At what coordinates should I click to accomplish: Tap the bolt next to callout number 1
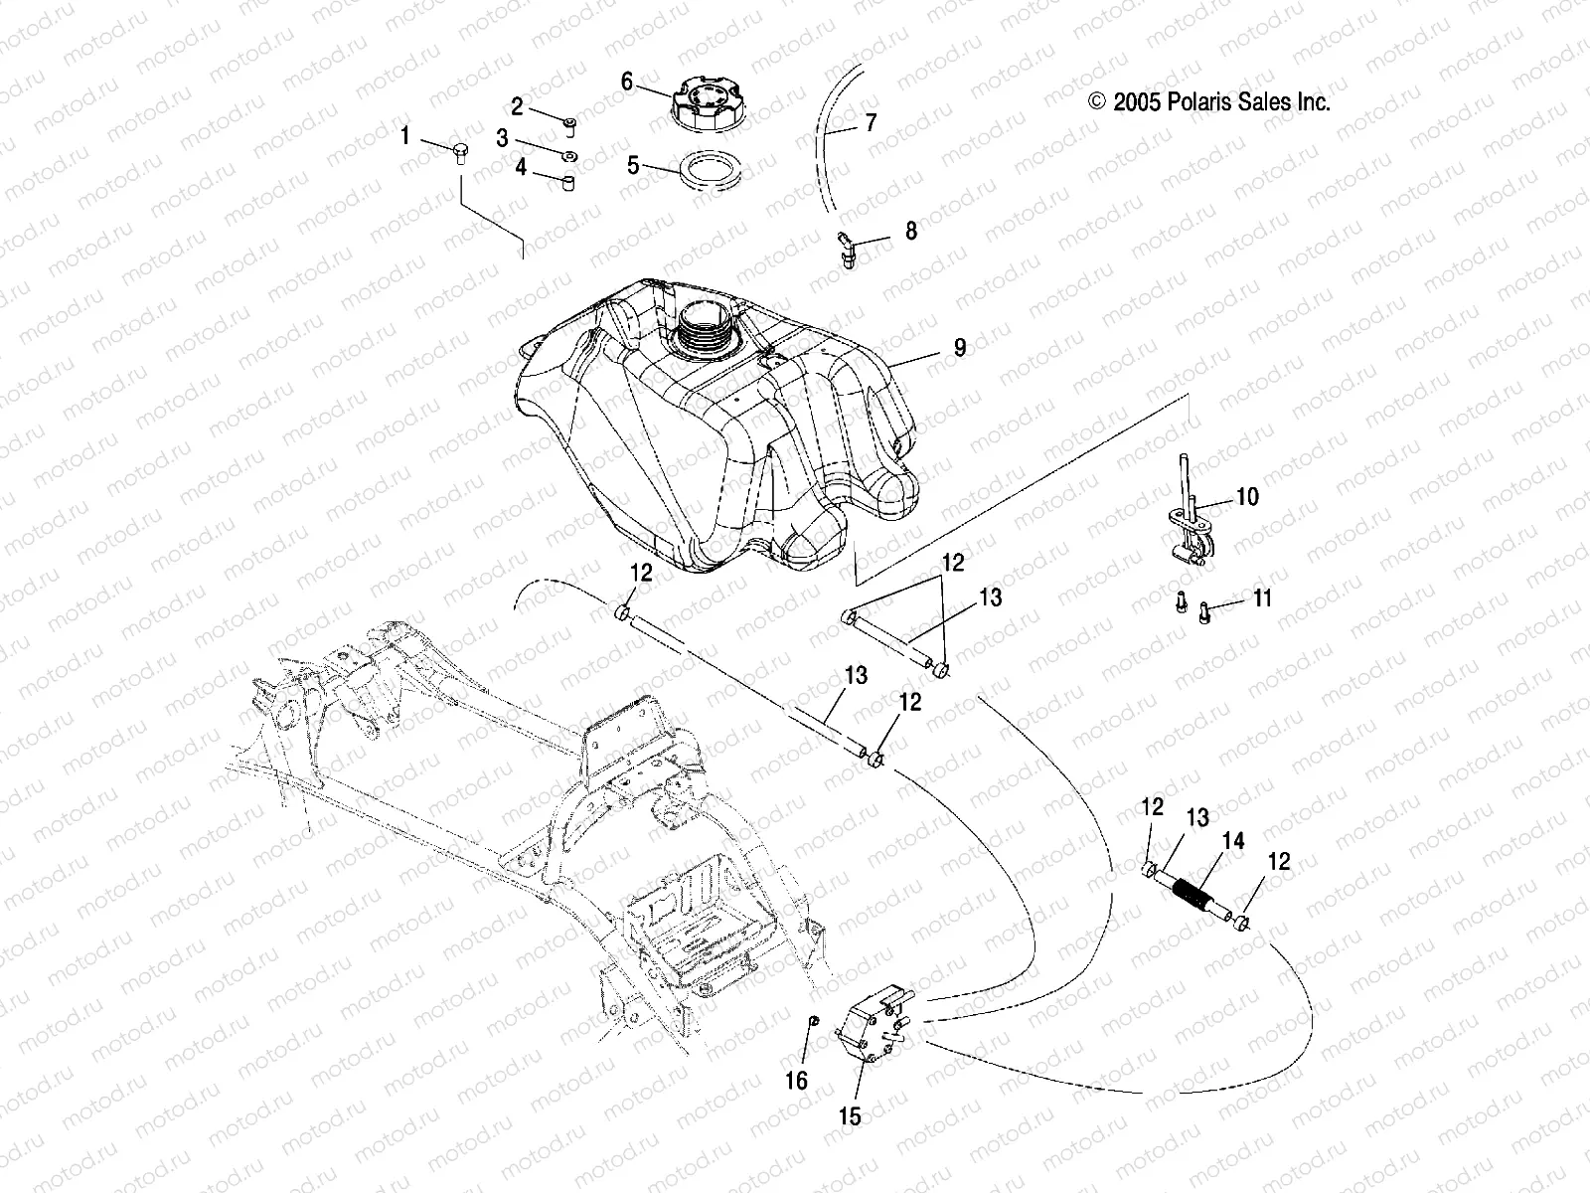pos(459,151)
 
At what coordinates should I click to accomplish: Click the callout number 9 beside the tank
pos(959,347)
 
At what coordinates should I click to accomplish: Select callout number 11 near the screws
pos(1262,598)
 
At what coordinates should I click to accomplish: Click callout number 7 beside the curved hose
pos(871,123)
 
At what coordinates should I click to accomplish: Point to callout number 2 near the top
pos(517,106)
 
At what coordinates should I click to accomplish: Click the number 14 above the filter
pos(1232,841)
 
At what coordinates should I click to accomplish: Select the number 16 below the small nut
pos(797,1080)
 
